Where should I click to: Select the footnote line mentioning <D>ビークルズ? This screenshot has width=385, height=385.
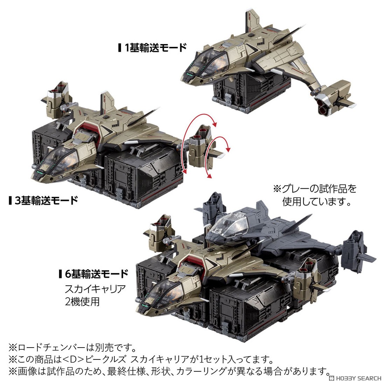[140, 359]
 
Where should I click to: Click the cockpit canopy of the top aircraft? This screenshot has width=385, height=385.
[206, 59]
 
